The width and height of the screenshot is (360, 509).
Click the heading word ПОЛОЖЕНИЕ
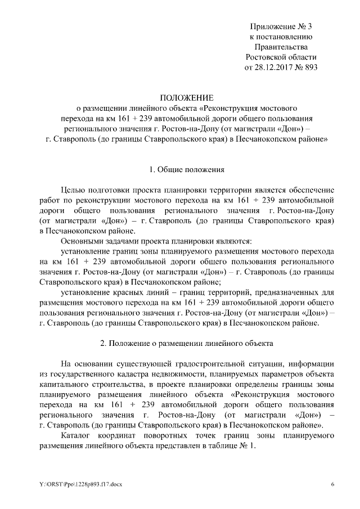(x=180, y=97)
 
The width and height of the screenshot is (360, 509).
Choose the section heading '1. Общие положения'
(x=180, y=169)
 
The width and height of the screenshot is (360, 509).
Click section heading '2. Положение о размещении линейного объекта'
(x=180, y=343)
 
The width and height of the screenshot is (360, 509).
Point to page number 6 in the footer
(x=333, y=484)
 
